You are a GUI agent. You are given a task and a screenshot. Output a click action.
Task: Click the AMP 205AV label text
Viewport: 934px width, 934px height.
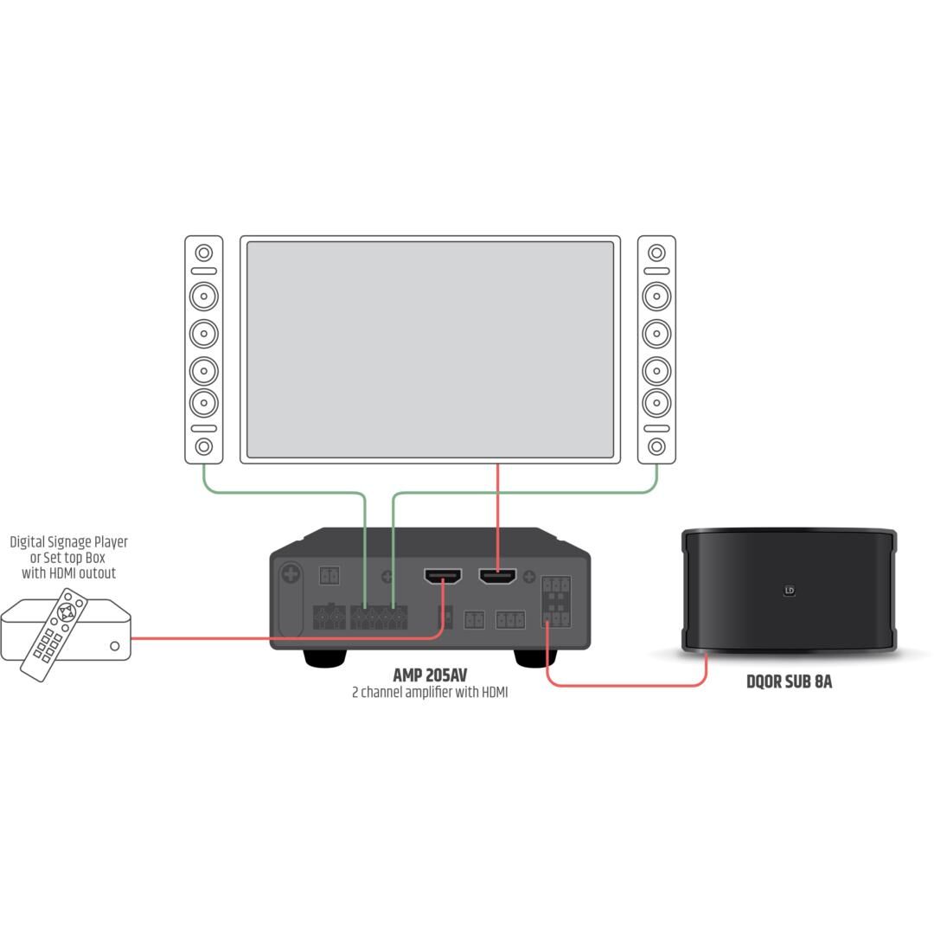(430, 675)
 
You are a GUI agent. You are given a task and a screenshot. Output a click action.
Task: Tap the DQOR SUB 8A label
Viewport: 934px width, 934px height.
(790, 681)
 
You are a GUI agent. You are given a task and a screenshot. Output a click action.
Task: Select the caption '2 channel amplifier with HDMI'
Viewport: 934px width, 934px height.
(430, 692)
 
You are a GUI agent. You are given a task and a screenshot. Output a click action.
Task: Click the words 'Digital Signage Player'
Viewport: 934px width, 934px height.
(68, 542)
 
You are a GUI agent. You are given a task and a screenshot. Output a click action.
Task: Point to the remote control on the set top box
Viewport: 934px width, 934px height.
(54, 635)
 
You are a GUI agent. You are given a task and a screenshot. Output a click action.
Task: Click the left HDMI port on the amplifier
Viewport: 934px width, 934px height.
(443, 576)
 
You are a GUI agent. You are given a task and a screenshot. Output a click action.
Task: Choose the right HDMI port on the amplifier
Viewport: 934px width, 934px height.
(498, 576)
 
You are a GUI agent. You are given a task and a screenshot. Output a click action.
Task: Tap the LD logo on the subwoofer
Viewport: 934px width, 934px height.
(790, 591)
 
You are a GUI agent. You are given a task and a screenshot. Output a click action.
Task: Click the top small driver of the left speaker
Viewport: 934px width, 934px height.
(204, 253)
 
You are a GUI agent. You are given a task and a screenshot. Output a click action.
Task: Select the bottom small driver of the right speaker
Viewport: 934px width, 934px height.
(656, 446)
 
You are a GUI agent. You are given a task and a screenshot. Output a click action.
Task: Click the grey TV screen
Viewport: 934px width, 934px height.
(430, 349)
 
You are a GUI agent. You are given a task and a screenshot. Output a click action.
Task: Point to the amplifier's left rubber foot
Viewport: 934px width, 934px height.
(324, 657)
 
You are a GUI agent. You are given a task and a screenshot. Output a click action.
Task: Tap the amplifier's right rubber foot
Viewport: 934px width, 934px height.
(535, 657)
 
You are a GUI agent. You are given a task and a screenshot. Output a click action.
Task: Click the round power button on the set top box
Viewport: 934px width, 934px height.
(115, 646)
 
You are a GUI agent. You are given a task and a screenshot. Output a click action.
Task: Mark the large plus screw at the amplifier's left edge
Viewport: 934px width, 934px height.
(291, 575)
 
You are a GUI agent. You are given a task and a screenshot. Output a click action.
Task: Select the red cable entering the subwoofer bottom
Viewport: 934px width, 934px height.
(625, 685)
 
